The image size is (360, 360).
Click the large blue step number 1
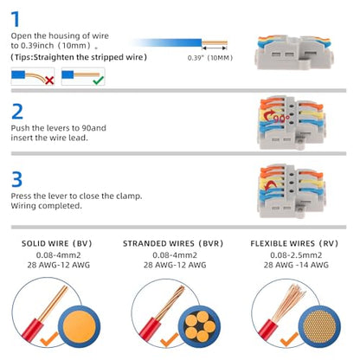click(16, 19)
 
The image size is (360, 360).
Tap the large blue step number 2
click(17, 112)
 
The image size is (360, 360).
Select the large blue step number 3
click(16, 179)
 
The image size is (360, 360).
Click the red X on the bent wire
click(49, 80)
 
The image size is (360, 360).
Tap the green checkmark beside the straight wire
click(99, 80)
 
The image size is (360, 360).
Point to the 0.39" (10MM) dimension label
click(210, 58)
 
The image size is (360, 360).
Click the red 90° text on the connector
click(281, 119)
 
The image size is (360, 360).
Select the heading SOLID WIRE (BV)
click(57, 243)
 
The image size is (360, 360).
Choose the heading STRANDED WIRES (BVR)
click(173, 243)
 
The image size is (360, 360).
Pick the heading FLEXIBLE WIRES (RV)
click(294, 243)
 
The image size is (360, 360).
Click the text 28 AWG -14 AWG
click(296, 265)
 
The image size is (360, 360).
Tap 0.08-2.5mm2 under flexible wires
click(296, 255)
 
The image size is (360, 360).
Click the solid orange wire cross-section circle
click(79, 327)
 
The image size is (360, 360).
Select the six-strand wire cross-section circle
click(199, 326)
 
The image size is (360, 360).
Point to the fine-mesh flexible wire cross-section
click(319, 326)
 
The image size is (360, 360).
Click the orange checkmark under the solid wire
click(49, 339)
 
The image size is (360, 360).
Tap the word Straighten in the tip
click(54, 57)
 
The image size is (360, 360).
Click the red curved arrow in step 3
click(269, 185)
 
